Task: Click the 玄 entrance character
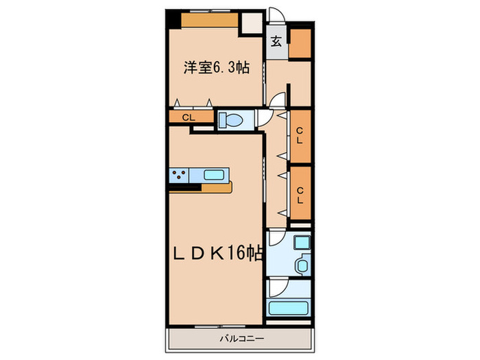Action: (276, 40)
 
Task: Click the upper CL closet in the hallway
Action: (300, 136)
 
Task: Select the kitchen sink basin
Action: (214, 175)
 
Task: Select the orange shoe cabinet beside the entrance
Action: (300, 44)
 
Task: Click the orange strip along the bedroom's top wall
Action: (209, 21)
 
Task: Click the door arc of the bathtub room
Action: (276, 285)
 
